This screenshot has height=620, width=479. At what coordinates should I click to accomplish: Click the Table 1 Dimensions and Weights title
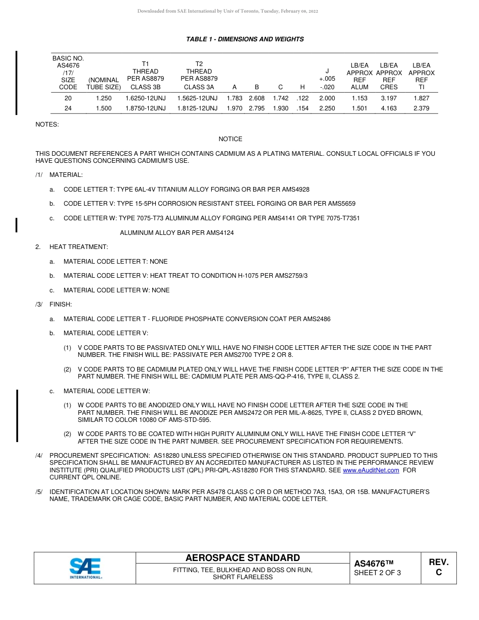point(245,39)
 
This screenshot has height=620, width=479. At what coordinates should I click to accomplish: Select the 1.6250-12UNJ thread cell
point(145,98)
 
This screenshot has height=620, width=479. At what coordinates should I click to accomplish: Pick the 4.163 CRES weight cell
point(389,108)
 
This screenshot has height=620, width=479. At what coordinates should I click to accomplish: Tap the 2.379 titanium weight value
point(421,108)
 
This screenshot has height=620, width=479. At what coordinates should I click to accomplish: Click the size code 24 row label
point(68,108)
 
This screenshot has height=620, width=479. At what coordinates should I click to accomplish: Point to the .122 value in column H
point(303,98)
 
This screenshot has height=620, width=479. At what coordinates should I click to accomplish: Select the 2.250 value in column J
point(327,108)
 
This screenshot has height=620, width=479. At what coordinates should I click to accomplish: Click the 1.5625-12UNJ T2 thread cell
point(199,98)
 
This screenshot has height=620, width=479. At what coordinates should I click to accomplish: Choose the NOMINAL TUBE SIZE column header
point(103,84)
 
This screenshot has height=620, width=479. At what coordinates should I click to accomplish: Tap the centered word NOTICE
point(230,139)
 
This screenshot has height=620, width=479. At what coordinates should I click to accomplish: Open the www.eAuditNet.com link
point(371,470)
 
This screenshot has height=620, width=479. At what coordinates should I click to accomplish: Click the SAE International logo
point(85,568)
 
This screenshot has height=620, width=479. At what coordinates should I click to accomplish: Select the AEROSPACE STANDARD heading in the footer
point(243,558)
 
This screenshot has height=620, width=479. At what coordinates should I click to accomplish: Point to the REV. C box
point(438,567)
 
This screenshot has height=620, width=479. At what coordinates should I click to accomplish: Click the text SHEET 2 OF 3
point(378,573)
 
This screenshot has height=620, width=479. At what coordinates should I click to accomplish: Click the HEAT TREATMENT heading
point(79,247)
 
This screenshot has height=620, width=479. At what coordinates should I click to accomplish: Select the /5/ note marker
point(39,491)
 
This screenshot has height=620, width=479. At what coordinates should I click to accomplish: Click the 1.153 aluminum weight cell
point(360,98)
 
